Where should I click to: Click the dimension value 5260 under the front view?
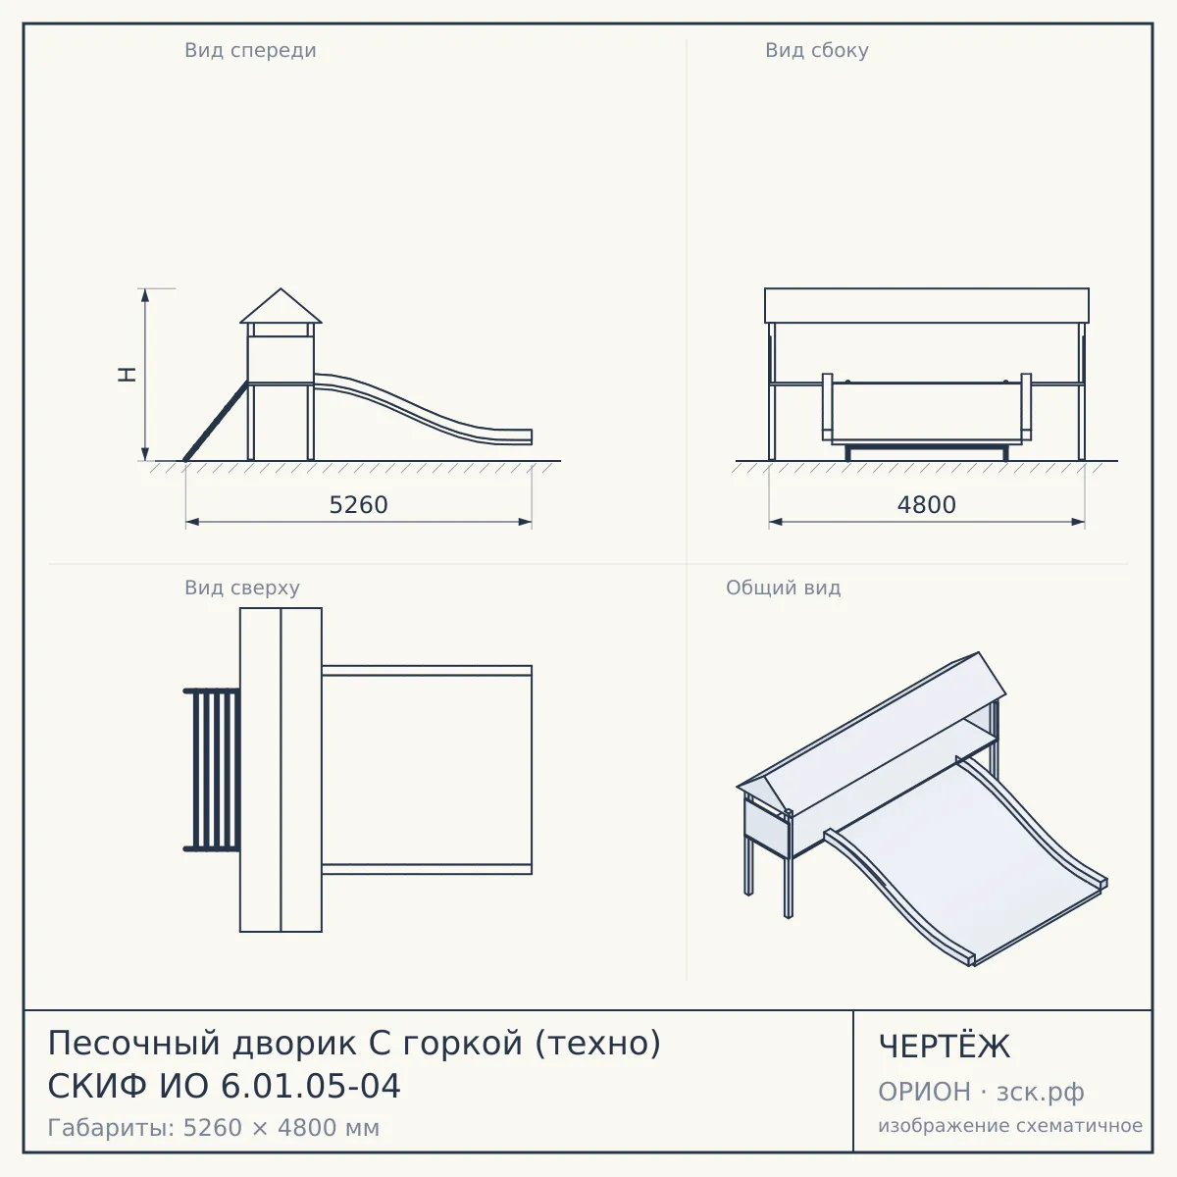coord(359,505)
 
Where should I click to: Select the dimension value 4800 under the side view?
coord(927,505)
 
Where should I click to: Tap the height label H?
coord(128,375)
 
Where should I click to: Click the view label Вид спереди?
coord(250,51)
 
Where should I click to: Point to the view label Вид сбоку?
coord(817,51)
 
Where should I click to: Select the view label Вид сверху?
coord(242,588)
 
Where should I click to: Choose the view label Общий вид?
coord(783,588)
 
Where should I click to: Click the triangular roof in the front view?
coord(281,307)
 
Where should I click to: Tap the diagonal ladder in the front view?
coord(216,422)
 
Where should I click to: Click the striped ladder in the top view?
coord(211,770)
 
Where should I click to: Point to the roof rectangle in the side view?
coord(927,305)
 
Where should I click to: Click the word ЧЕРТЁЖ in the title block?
coord(945,1047)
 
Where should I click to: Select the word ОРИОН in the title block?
coord(924,1092)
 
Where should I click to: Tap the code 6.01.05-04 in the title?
coord(310,1086)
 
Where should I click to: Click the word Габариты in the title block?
coord(112,1128)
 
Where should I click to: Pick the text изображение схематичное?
coord(1010,1125)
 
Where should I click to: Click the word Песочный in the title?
coord(133,1043)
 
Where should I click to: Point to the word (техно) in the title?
coord(598,1043)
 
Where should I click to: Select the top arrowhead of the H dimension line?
coord(145,295)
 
